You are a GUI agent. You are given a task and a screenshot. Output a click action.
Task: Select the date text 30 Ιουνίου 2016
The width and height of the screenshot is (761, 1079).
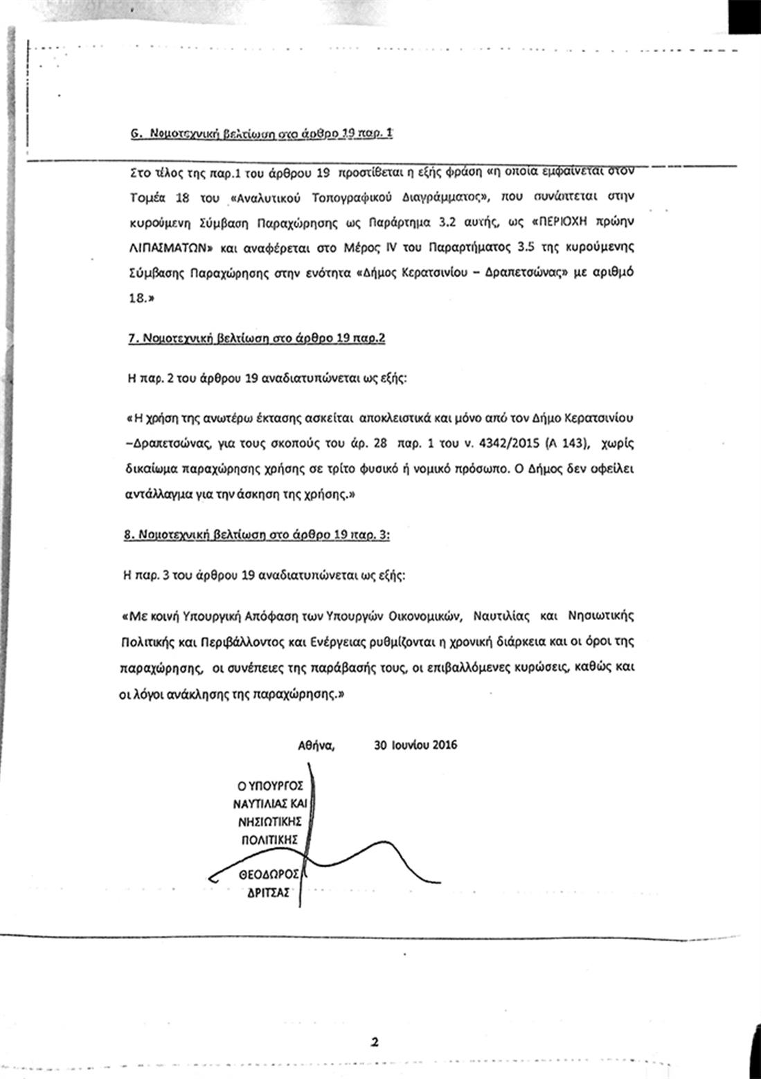pos(415,745)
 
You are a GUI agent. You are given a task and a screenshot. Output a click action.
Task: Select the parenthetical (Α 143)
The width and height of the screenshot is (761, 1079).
pos(564,443)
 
